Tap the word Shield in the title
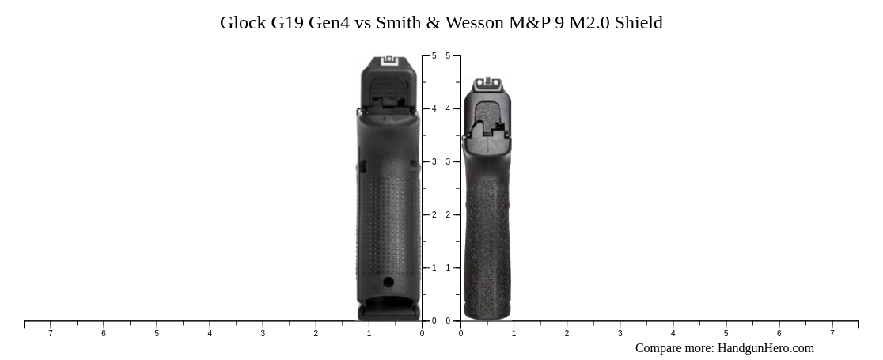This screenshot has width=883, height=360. tap(639, 23)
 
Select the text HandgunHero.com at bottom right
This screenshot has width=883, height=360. tap(765, 348)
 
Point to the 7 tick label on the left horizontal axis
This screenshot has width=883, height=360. tap(51, 334)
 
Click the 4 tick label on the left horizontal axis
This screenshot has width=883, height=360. tap(210, 334)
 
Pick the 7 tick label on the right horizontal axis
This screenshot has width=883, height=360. tap(832, 334)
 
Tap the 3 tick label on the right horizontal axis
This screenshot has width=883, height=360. tap(620, 334)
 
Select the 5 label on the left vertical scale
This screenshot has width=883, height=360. tap(434, 56)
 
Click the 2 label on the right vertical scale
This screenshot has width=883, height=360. tap(448, 215)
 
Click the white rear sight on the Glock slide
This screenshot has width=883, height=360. tap(388, 60)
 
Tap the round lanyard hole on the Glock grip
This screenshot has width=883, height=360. tap(388, 282)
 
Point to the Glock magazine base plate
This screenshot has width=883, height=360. tap(388, 313)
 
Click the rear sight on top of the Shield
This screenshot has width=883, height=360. tap(487, 81)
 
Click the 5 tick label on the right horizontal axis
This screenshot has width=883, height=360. tap(726, 334)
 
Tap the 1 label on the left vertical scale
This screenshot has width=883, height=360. tap(434, 268)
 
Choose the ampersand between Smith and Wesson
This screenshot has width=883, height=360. tap(433, 23)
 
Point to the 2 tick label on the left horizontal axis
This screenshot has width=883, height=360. tap(316, 334)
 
